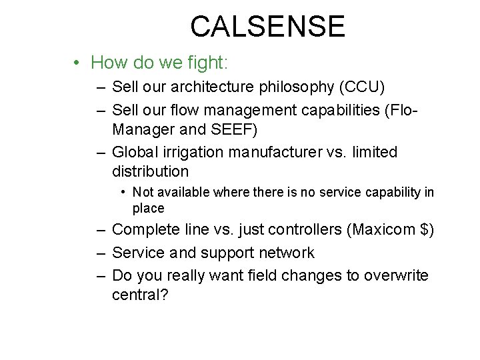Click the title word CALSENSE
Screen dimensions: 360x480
(x=267, y=27)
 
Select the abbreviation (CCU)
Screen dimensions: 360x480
(x=361, y=87)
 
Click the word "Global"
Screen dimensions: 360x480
(x=134, y=153)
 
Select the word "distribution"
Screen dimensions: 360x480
(x=151, y=171)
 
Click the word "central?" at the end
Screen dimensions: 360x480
(x=141, y=294)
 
